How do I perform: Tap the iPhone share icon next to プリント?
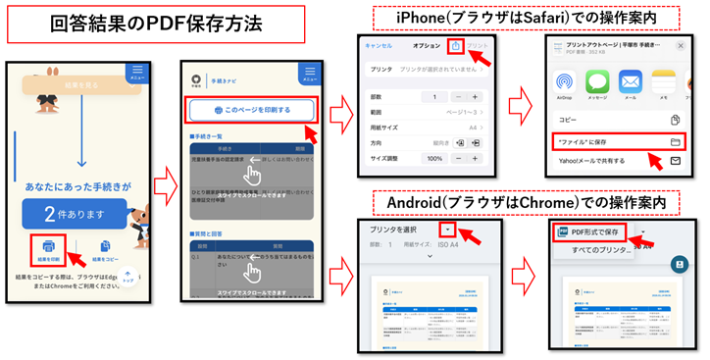[x=455, y=46]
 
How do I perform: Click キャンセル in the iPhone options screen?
[x=379, y=46]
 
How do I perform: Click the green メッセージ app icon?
[x=596, y=82]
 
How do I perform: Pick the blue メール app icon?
[x=630, y=82]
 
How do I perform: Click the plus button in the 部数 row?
[x=475, y=97]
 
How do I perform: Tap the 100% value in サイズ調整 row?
[x=434, y=159]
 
